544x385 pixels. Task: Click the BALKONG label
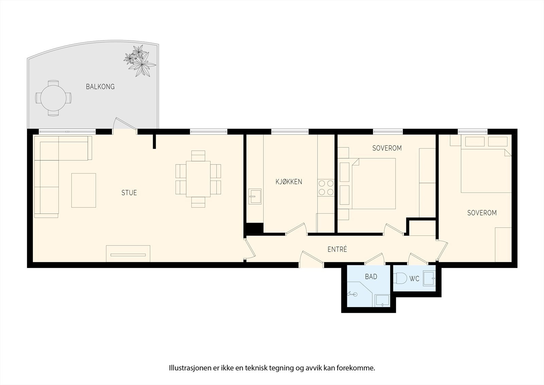(x=100, y=87)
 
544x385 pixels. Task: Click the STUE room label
(x=129, y=193)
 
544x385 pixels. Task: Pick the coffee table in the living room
(x=84, y=190)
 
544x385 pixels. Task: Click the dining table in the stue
(x=198, y=179)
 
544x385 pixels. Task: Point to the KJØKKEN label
(x=289, y=182)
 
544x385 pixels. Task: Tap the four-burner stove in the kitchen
(x=326, y=188)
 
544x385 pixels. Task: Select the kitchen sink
(x=255, y=196)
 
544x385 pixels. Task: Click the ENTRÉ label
(x=337, y=250)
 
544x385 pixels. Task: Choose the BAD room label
(x=371, y=277)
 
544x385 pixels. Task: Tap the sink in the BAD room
(x=382, y=300)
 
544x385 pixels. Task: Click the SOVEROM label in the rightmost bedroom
(x=482, y=213)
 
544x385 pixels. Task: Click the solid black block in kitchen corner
(x=255, y=228)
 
